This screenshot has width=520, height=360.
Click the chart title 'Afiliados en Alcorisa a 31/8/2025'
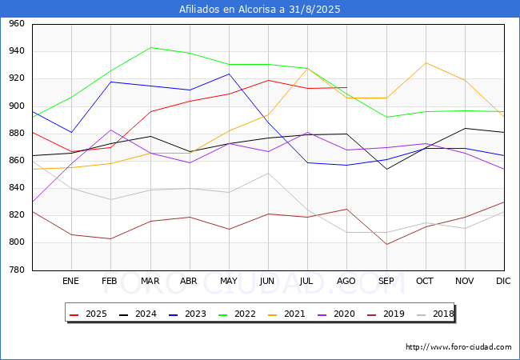260,9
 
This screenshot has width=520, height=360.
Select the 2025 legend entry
88,314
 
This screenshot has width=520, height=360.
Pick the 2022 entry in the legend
237,314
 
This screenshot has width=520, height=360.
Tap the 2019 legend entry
386,314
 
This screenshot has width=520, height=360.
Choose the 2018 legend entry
435,314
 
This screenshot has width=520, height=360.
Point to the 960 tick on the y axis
17,23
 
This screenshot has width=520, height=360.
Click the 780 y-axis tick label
17,270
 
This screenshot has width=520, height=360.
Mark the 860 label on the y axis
17,161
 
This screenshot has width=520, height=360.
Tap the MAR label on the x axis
150,281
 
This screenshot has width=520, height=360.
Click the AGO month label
346,281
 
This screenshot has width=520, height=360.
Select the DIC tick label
503,281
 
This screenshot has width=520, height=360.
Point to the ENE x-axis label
70,281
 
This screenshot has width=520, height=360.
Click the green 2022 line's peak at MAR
151,47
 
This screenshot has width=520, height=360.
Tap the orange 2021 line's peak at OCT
426,62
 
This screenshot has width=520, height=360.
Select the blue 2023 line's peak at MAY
229,74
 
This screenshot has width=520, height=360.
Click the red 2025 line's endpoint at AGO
347,87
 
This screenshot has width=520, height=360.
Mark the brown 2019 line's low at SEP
386,244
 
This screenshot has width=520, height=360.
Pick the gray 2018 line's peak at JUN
268,173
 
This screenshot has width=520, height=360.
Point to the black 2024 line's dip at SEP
386,169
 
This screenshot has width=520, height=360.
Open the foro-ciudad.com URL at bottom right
458,347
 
